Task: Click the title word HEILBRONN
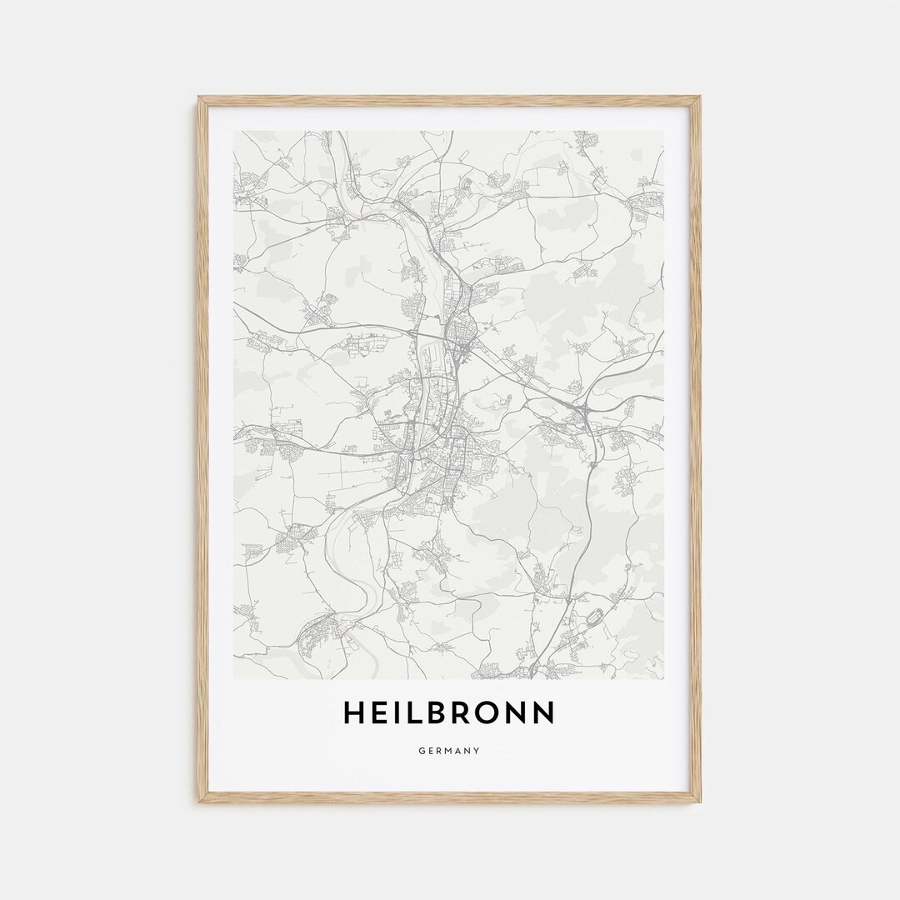[x=448, y=713]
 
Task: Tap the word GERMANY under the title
[x=449, y=751]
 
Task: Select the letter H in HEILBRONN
[x=353, y=713]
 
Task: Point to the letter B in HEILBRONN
[x=437, y=713]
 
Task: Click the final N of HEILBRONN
[x=543, y=713]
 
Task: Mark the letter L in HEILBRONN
[x=414, y=713]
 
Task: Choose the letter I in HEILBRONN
[x=397, y=713]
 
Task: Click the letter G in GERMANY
[x=422, y=751]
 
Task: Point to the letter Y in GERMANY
[x=477, y=751]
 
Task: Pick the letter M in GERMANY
[x=449, y=751]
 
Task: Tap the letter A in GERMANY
[x=459, y=751]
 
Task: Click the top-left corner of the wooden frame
[x=200, y=98]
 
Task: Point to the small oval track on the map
[x=595, y=619]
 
